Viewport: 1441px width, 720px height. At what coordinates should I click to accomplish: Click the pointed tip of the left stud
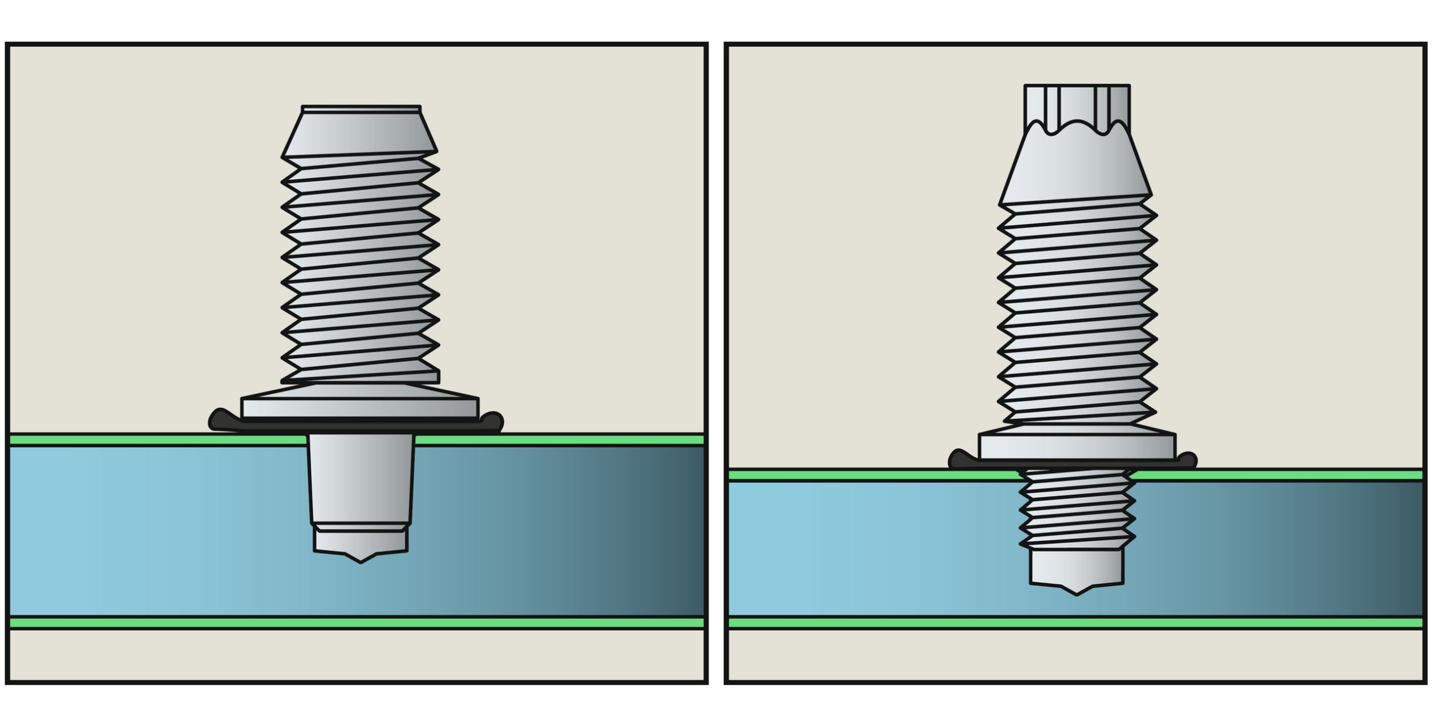[x=360, y=560]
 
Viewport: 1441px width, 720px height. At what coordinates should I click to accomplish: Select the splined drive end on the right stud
[x=1076, y=104]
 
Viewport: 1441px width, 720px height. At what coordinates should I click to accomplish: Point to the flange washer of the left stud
[x=360, y=406]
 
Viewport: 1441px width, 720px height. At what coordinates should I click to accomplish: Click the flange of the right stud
[x=1076, y=446]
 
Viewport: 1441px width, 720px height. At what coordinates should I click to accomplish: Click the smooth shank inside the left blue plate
[x=360, y=478]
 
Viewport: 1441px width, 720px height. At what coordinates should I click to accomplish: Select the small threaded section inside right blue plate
[x=1076, y=509]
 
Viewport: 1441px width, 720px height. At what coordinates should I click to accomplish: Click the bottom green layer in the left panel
[x=225, y=623]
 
